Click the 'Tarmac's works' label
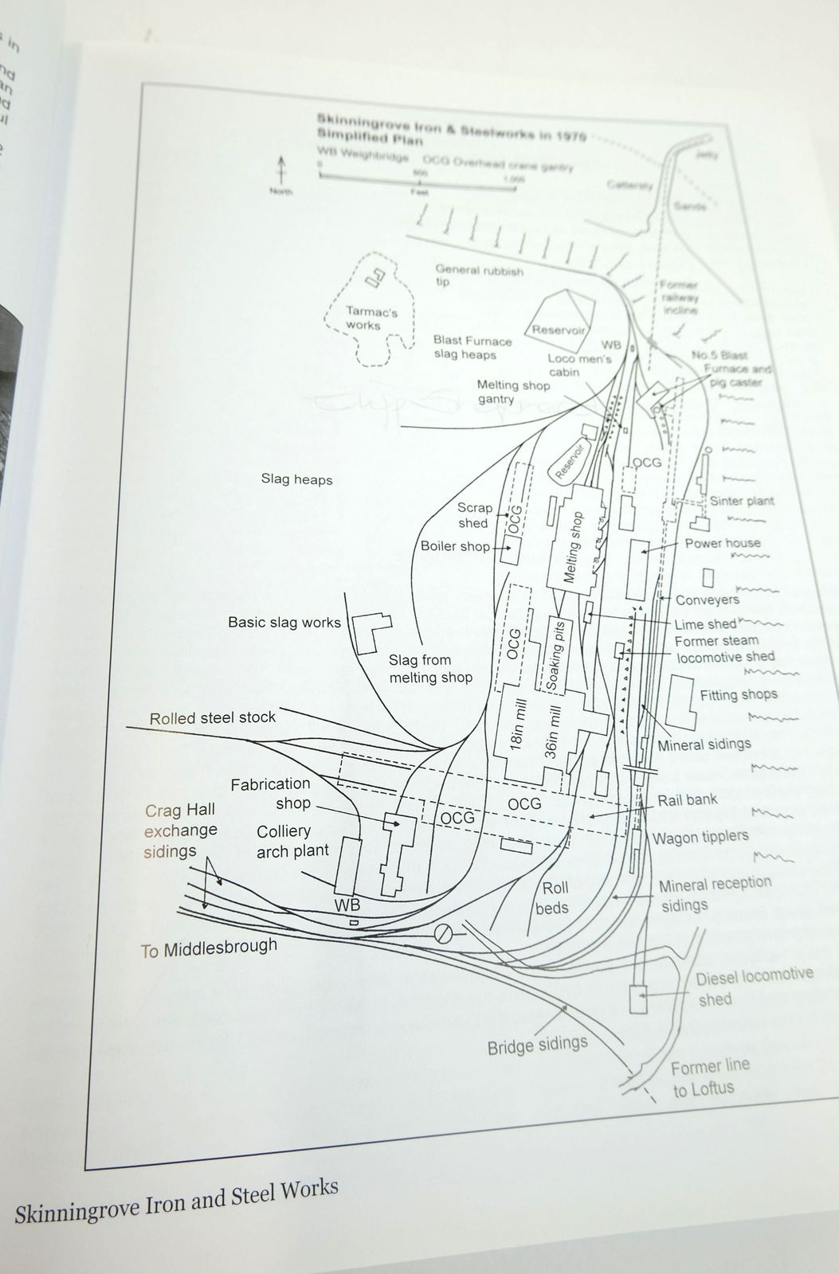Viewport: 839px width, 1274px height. pos(371,318)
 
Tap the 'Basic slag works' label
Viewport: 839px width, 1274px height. pos(284,622)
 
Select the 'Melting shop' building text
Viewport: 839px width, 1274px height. pos(574,548)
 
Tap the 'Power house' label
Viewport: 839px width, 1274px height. pos(723,543)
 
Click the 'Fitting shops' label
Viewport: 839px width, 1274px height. pos(739,694)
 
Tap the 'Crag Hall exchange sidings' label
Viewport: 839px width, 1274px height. pos(180,830)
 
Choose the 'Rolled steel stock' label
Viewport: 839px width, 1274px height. pos(213,717)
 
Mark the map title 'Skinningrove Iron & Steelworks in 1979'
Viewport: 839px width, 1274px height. pos(451,127)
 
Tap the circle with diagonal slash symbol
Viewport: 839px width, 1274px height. pos(444,933)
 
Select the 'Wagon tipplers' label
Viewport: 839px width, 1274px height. pos(700,838)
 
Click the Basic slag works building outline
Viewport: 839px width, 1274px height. pos(371,631)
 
